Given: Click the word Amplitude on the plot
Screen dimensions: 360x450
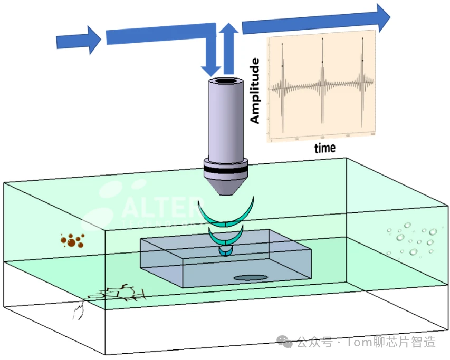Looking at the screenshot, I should pyautogui.click(x=255, y=91).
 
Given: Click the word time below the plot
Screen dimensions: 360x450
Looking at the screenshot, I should pyautogui.click(x=325, y=148).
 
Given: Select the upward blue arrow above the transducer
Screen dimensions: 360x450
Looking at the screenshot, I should pyautogui.click(x=228, y=50).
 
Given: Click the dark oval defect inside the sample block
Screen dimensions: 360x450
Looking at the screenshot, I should pyautogui.click(x=250, y=278).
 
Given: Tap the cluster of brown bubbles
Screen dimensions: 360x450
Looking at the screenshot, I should pyautogui.click(x=72, y=241).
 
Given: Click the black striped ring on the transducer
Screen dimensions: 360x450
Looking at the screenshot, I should pyautogui.click(x=226, y=169).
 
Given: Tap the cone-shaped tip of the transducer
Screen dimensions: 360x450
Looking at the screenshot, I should pyautogui.click(x=226, y=187).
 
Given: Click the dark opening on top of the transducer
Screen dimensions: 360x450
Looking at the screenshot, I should pyautogui.click(x=226, y=81).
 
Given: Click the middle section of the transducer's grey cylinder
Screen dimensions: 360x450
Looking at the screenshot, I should pyautogui.click(x=226, y=121).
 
